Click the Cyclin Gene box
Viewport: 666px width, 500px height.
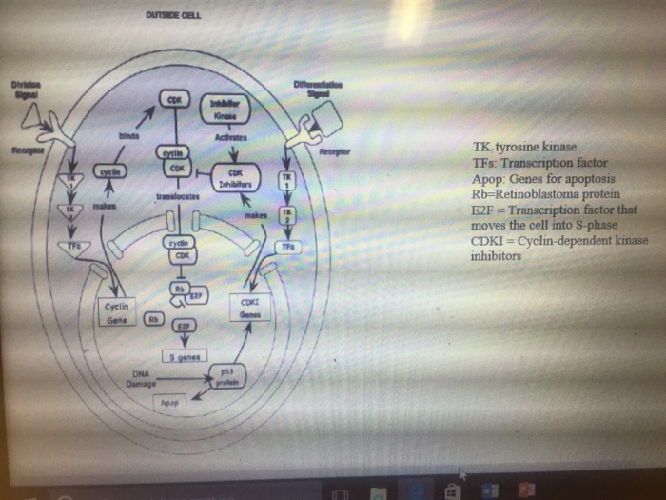tap(121, 313)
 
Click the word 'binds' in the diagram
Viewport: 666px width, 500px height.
tap(128, 136)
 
